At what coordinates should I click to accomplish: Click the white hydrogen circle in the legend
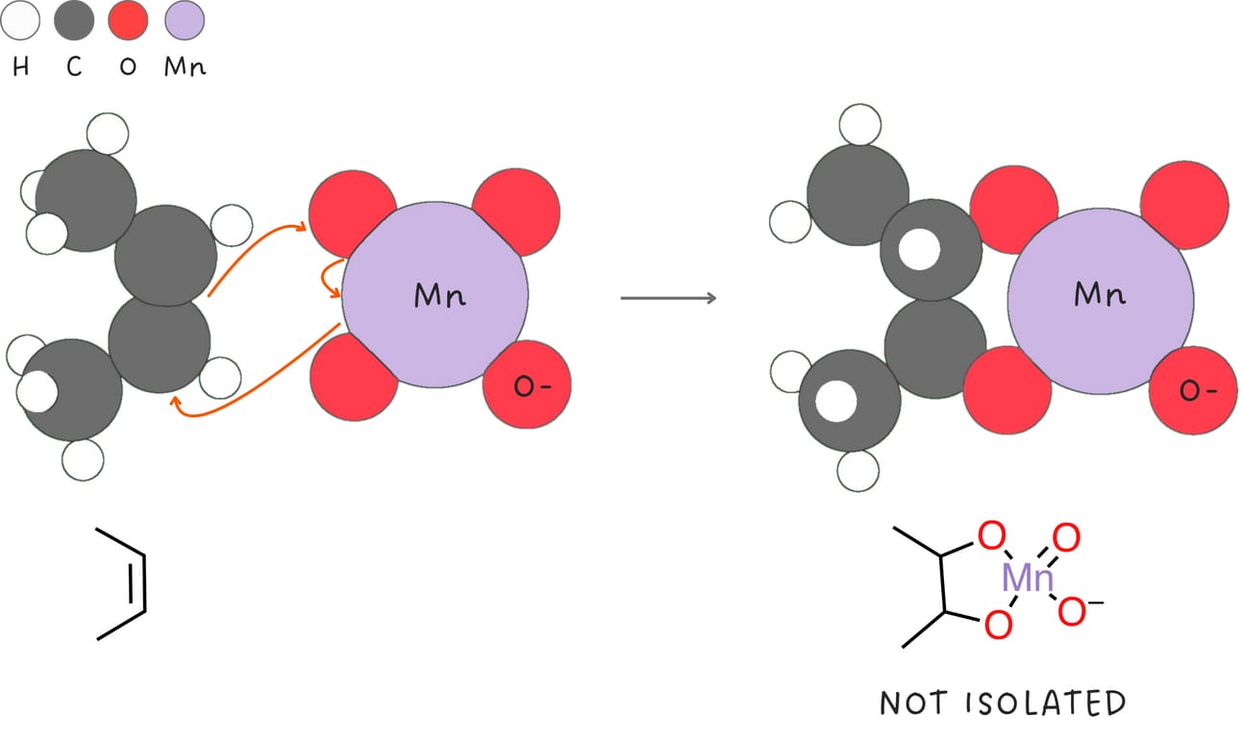[x=20, y=20]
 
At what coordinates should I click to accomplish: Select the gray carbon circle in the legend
[x=74, y=20]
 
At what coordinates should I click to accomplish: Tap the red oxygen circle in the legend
[x=129, y=20]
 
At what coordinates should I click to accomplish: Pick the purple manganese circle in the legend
[x=184, y=20]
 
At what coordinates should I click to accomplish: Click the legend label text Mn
[x=184, y=68]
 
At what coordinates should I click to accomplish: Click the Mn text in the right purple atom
[x=1100, y=295]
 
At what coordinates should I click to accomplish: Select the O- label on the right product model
[x=1191, y=390]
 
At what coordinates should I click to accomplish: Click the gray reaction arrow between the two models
[x=668, y=298]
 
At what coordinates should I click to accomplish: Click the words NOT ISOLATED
[x=1002, y=703]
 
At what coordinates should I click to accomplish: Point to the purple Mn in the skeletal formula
[x=1028, y=579]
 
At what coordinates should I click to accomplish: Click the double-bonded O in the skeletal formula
[x=1067, y=537]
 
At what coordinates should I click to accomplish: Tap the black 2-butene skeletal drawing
[x=124, y=583]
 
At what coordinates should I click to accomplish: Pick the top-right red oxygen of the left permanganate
[x=515, y=210]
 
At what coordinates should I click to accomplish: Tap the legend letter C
[x=74, y=68]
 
